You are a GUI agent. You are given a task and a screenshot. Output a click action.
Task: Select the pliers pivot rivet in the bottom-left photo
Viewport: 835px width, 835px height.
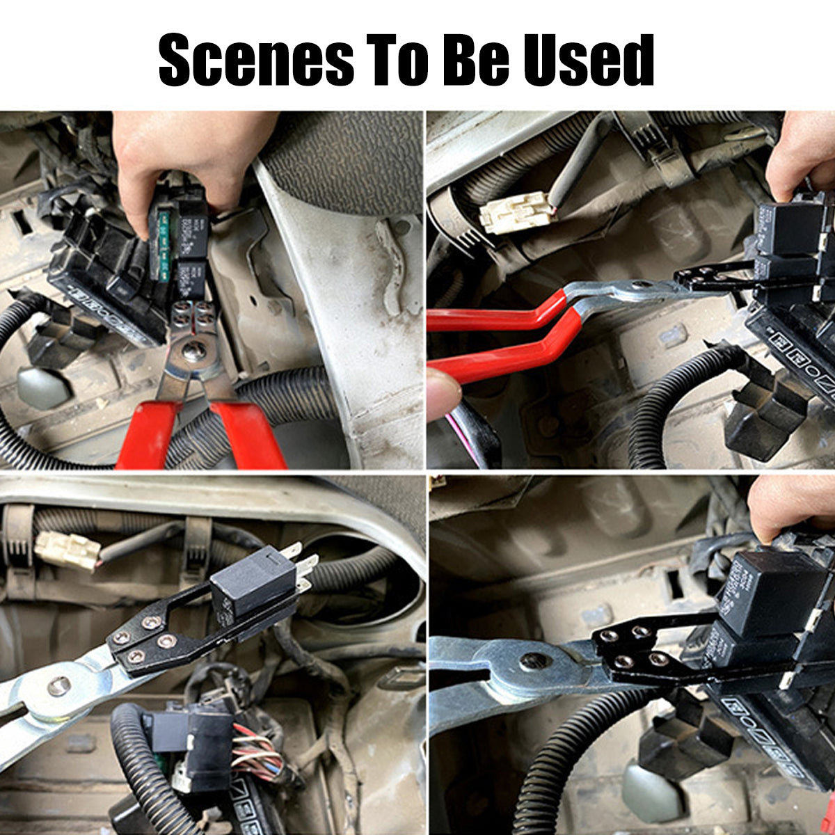pos(58,686)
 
